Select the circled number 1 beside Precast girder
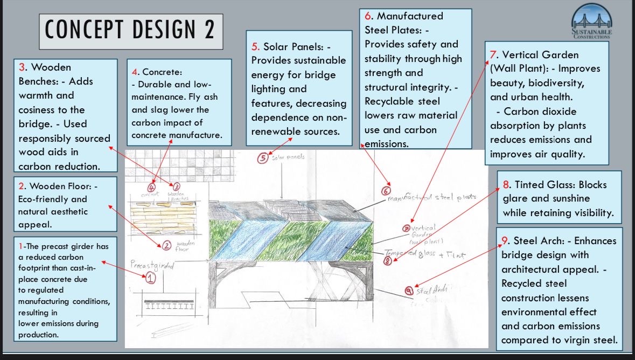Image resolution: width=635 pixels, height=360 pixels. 150,278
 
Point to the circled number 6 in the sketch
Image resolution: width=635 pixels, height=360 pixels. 386,191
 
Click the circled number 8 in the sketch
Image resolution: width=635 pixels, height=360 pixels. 387,261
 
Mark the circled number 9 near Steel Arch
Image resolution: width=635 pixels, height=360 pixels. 410,290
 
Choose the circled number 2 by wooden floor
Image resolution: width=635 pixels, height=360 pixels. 167,246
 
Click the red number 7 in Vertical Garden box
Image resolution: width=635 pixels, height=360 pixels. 493,55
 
